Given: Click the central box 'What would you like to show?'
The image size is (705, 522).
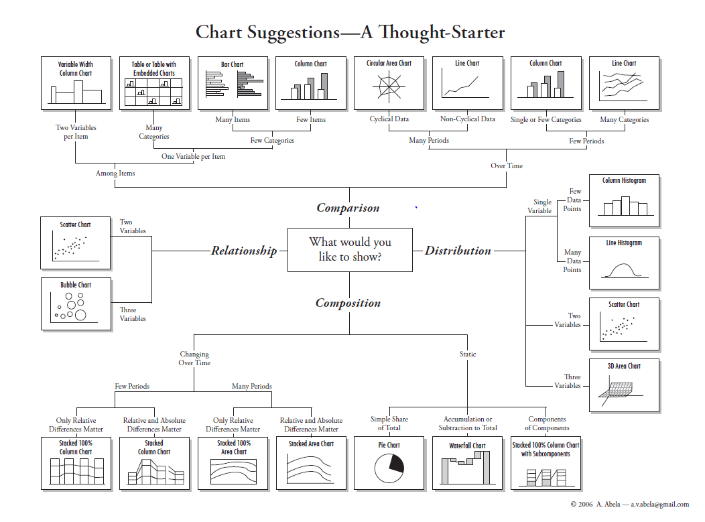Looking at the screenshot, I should (350, 249).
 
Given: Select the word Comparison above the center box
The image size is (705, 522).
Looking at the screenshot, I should (348, 208).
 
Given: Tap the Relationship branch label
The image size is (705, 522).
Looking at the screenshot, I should (244, 251).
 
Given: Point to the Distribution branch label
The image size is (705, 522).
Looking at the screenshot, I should (458, 251).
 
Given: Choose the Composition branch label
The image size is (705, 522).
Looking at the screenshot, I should (348, 303).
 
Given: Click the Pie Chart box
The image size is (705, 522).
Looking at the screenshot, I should (388, 463).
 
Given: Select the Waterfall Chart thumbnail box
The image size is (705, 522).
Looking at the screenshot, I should (467, 463).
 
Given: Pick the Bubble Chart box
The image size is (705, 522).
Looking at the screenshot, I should (76, 304).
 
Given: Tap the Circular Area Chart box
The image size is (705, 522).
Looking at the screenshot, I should (389, 84).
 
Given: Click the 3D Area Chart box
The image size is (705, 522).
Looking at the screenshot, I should (624, 385).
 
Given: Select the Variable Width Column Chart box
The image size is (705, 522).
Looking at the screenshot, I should (76, 84).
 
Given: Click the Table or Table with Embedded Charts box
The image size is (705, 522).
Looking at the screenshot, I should (153, 84).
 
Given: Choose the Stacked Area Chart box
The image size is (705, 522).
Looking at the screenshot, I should (311, 463).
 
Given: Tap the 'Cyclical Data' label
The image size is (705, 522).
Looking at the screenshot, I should (389, 119).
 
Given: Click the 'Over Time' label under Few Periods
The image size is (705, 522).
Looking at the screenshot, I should (507, 166).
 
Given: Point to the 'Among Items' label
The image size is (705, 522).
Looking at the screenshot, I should (115, 173).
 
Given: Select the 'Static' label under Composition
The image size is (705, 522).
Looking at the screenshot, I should (468, 354).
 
